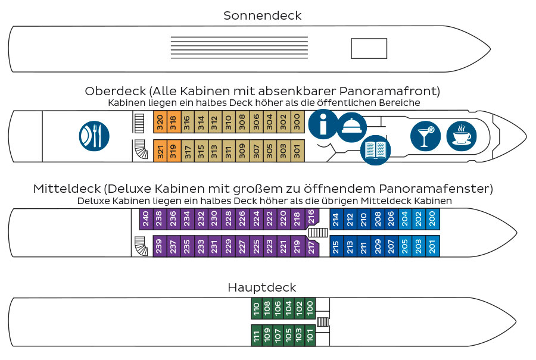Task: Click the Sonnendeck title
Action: click(x=263, y=15)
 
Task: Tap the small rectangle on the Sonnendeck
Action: click(x=369, y=48)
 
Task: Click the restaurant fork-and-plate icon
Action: click(x=94, y=136)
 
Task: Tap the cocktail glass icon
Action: click(x=425, y=136)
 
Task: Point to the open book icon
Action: click(x=376, y=149)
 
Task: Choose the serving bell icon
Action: click(x=351, y=126)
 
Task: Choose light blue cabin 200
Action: click(x=432, y=218)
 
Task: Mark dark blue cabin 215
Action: click(x=336, y=246)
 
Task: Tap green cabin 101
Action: click(x=310, y=336)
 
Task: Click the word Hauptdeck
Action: click(x=262, y=287)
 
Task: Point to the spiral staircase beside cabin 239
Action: click(x=141, y=246)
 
